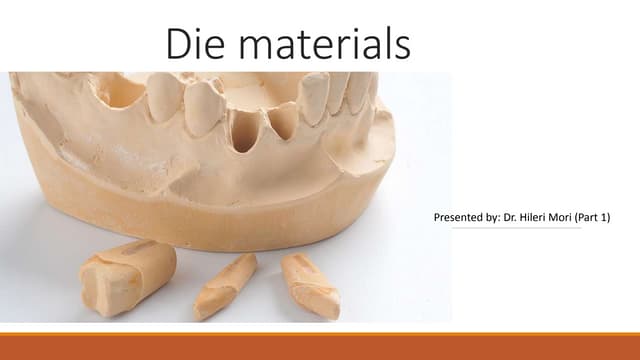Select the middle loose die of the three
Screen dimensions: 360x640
click(x=226, y=286)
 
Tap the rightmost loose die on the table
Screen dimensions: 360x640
click(x=309, y=284)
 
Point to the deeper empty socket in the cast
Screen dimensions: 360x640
click(x=244, y=130)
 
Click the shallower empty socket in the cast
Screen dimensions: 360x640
click(x=283, y=120)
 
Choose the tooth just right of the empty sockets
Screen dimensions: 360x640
click(x=315, y=98)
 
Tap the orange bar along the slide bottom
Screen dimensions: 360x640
click(x=320, y=346)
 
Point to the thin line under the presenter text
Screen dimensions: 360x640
click(x=516, y=228)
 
